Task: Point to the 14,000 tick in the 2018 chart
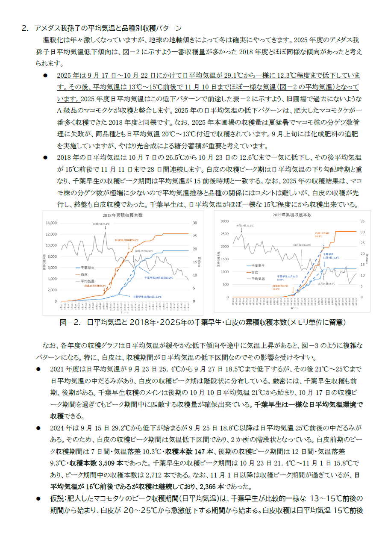(x=51, y=223)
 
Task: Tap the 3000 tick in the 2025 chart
(x=224, y=221)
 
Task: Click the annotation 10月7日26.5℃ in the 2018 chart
(x=101, y=224)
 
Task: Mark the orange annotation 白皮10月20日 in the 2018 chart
(x=126, y=240)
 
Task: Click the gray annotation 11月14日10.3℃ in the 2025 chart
(x=326, y=283)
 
